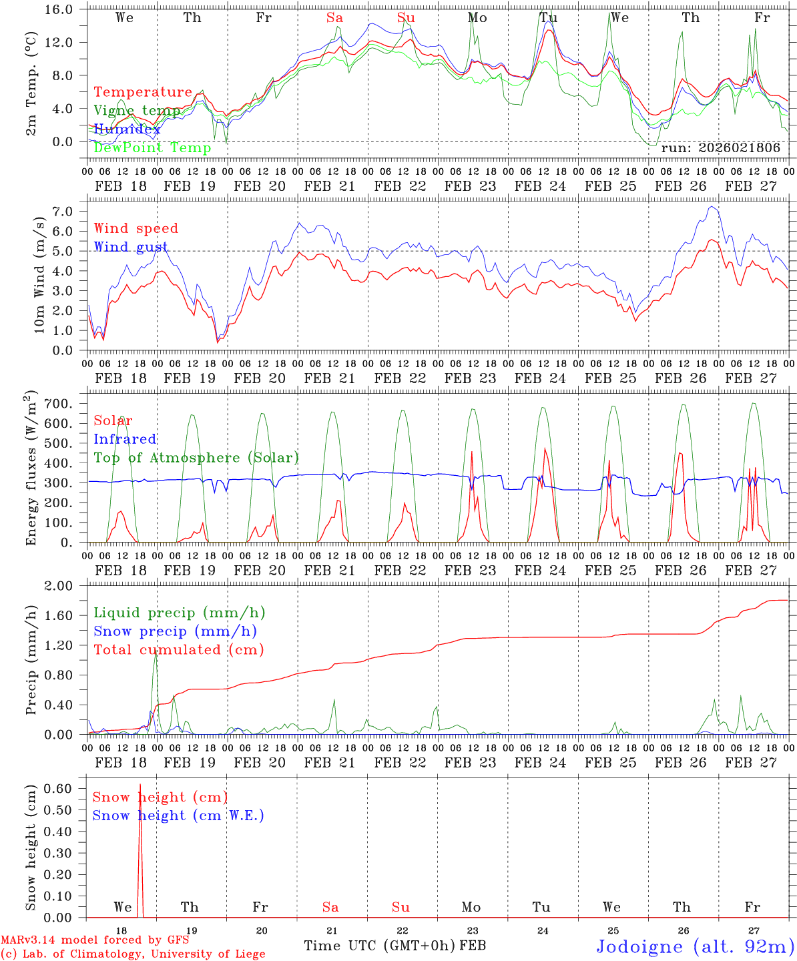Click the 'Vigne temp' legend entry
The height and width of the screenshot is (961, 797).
pyautogui.click(x=136, y=111)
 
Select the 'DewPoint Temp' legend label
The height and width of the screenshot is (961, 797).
pyautogui.click(x=152, y=147)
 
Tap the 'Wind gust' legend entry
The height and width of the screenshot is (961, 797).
pyautogui.click(x=131, y=247)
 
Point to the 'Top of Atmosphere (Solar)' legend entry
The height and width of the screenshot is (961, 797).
pyautogui.click(x=196, y=458)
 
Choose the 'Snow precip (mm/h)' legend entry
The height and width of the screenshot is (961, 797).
pyautogui.click(x=175, y=631)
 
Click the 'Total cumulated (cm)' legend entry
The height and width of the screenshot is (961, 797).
pyautogui.click(x=178, y=649)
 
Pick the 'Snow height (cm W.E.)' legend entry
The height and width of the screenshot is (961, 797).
pyautogui.click(x=178, y=816)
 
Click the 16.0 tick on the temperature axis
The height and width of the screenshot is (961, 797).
pyautogui.click(x=66, y=9)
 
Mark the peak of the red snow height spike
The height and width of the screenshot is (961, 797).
pyautogui.click(x=140, y=785)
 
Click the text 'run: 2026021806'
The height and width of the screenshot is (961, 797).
pyautogui.click(x=720, y=147)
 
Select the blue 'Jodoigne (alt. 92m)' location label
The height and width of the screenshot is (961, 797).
pyautogui.click(x=695, y=946)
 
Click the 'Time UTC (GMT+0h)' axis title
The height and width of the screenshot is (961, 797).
pyautogui.click(x=380, y=946)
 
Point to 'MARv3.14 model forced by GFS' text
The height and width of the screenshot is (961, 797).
pyautogui.click(x=95, y=940)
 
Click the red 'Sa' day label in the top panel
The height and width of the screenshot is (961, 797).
pyautogui.click(x=334, y=18)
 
